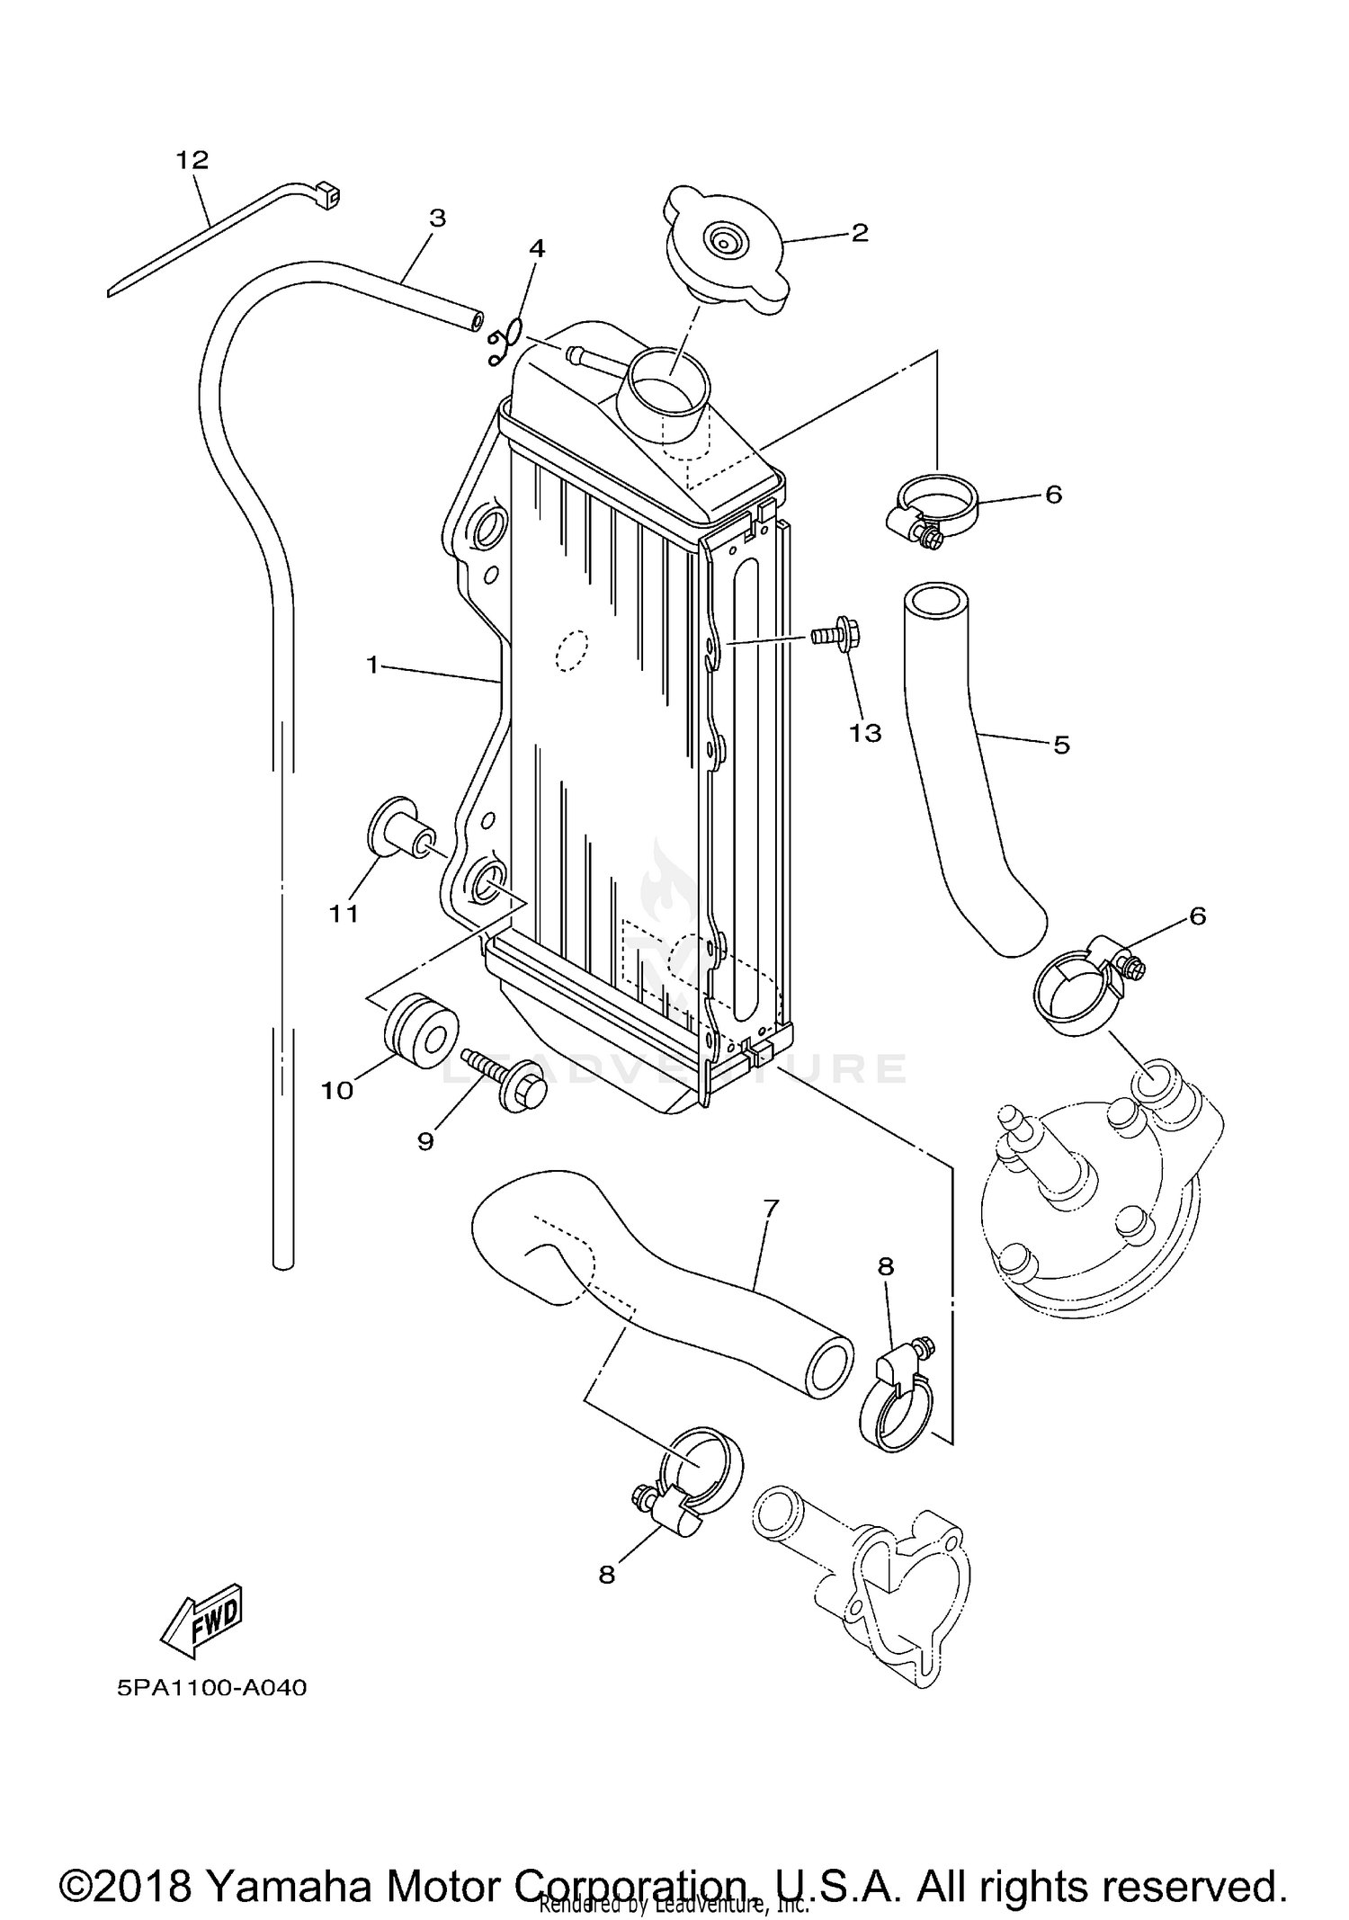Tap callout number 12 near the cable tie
pyautogui.click(x=192, y=160)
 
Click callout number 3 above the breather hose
pyautogui.click(x=438, y=219)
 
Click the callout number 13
pyautogui.click(x=865, y=733)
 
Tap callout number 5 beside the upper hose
pyautogui.click(x=1061, y=745)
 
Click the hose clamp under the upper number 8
pyautogui.click(x=896, y=1407)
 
